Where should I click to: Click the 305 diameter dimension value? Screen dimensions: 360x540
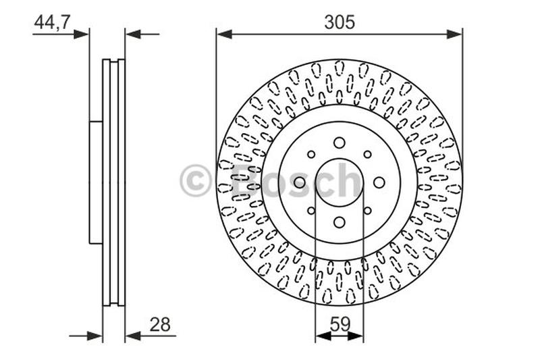(x=339, y=22)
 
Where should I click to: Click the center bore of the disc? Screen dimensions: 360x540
(x=339, y=182)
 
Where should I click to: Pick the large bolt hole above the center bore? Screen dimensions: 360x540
(x=339, y=143)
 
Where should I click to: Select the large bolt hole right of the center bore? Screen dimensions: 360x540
(x=379, y=182)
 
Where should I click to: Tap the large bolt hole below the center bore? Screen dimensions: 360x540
(x=339, y=222)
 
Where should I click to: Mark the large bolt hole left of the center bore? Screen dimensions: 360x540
(x=299, y=182)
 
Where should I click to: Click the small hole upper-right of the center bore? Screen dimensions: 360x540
(x=367, y=154)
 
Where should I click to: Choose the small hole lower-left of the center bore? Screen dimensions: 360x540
(x=310, y=211)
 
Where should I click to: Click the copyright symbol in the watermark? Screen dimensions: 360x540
(x=196, y=181)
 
